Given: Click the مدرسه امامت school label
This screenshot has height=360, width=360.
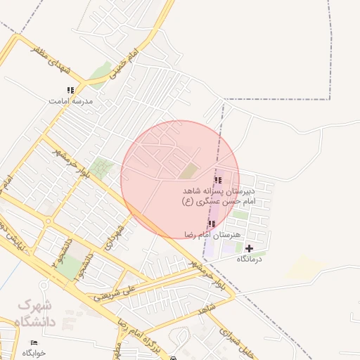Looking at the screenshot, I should click(x=70, y=101).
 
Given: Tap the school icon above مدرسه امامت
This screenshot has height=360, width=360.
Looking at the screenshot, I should click(x=70, y=90).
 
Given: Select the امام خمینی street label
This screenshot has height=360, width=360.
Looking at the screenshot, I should click(x=119, y=64).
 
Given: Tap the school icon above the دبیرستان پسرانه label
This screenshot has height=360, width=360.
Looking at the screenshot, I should click(x=217, y=181).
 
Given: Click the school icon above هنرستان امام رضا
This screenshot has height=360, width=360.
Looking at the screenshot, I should click(x=212, y=224).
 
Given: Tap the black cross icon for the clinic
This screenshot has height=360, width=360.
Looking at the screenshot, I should click(x=249, y=248).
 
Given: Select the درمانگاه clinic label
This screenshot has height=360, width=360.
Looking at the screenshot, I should click(x=250, y=259).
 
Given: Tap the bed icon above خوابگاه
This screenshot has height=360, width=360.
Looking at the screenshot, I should click(x=34, y=342).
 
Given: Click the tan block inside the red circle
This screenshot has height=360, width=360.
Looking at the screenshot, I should click(x=188, y=170).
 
